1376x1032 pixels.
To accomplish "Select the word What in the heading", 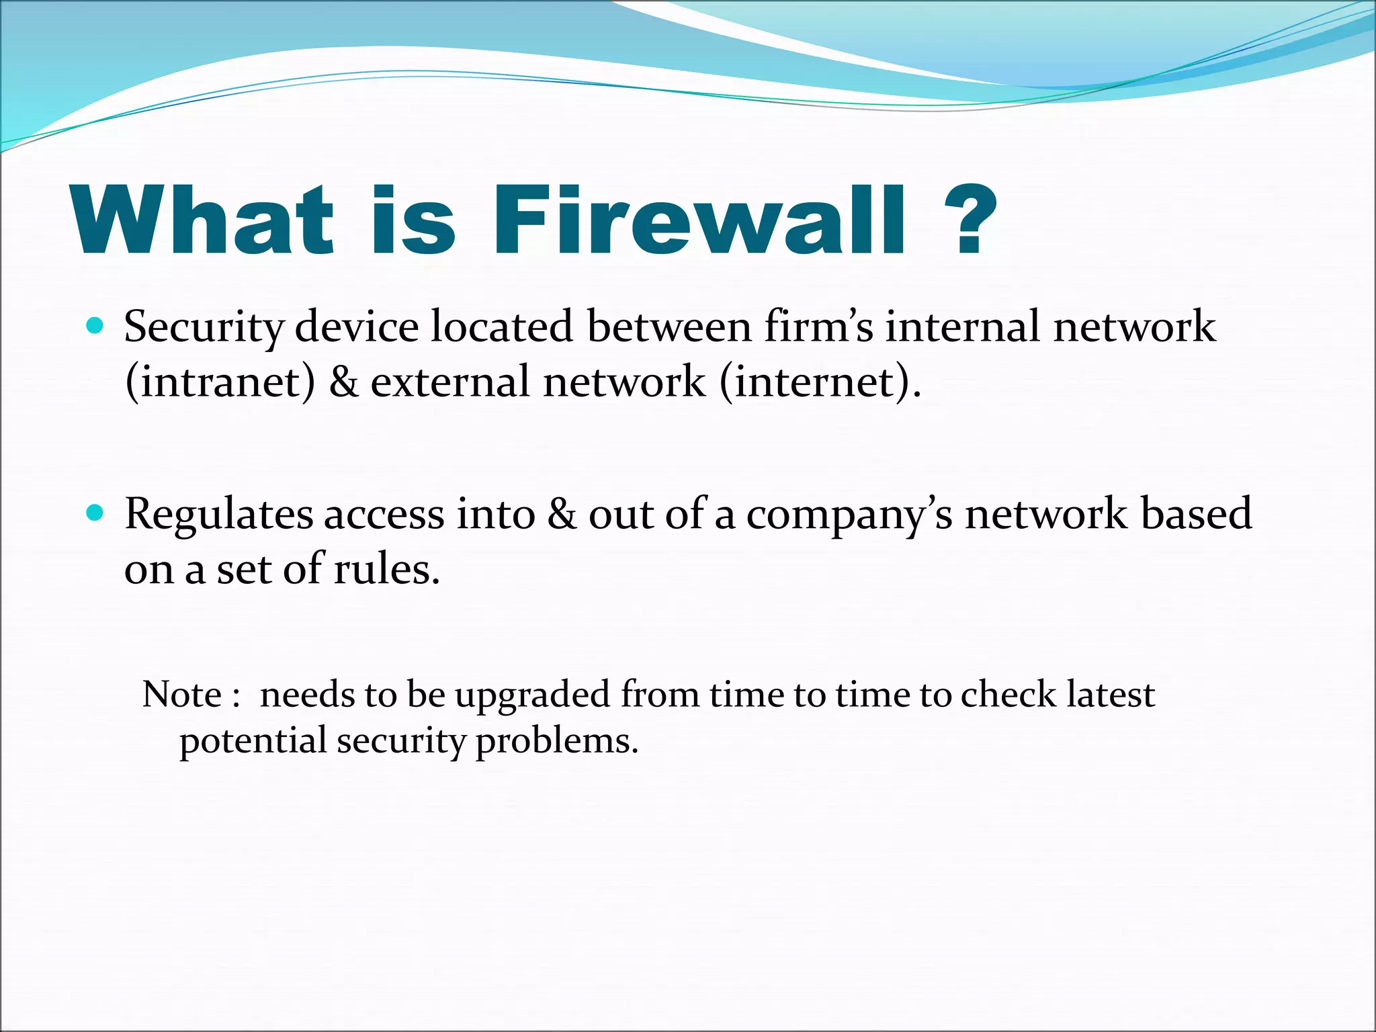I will click(202, 220).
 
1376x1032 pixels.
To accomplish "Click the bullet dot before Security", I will click(95, 327).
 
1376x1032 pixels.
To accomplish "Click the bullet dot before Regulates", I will click(95, 514).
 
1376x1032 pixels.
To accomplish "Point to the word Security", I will click(204, 328).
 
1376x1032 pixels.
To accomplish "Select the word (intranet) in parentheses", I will click(220, 382).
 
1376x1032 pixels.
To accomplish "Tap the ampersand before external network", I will click(343, 382).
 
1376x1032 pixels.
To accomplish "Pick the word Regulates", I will click(218, 515).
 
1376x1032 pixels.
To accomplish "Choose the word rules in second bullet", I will click(386, 569).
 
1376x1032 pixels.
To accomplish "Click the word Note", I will click(181, 694).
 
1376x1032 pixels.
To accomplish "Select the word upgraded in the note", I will click(532, 695).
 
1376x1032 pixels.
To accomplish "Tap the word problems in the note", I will click(556, 742).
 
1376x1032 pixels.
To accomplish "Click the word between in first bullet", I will click(669, 327).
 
